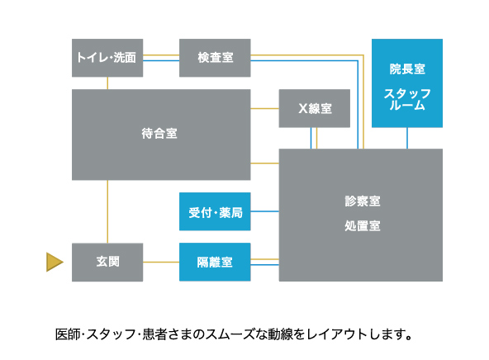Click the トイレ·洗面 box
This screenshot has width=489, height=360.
point(107,58)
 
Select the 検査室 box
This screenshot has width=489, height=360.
point(215,58)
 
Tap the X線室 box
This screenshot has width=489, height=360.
point(315,108)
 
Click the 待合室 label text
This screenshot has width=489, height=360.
point(159,134)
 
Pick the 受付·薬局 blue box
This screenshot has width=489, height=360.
point(215,211)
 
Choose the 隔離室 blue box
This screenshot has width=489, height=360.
point(215,262)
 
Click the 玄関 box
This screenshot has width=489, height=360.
point(107,262)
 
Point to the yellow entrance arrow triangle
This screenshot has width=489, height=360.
point(55,262)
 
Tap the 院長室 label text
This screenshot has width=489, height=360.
point(407,69)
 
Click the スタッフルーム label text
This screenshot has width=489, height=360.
point(407,99)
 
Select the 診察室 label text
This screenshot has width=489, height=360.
point(363,201)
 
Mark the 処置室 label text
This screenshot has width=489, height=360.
point(363,225)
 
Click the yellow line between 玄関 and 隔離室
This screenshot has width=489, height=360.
point(161,262)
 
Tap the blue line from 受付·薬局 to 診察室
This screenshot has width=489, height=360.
point(264,211)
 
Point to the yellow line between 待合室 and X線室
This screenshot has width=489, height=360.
point(264,108)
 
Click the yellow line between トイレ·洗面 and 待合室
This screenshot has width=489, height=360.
point(107,83)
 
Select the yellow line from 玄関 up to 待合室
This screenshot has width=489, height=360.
point(107,211)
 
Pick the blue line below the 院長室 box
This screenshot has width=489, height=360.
point(407,138)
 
